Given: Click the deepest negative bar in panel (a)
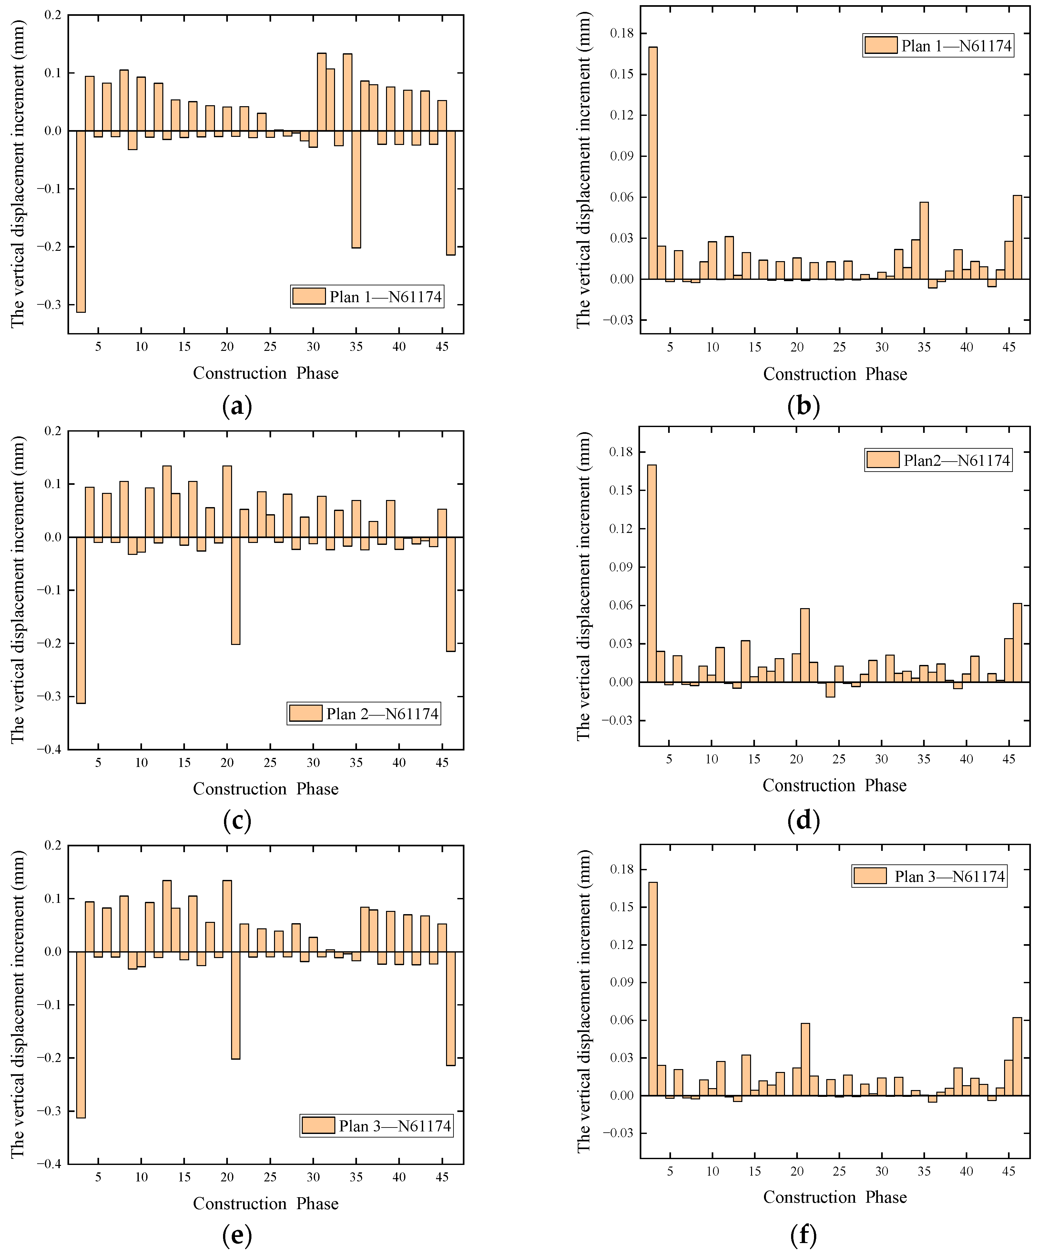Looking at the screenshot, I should [81, 221].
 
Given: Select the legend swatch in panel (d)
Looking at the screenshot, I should [883, 460].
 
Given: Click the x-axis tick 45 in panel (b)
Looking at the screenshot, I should [1009, 347].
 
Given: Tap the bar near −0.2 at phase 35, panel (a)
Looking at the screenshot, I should [356, 189].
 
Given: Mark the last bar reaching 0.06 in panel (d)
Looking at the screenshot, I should [1017, 642].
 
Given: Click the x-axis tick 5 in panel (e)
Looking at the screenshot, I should [98, 1177].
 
